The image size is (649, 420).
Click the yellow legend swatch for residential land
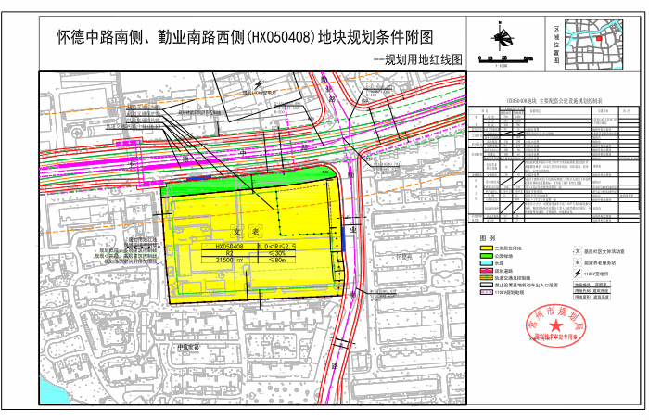coord(486,248)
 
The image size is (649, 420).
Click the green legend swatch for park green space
coord(486,256)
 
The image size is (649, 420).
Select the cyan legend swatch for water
coord(486,263)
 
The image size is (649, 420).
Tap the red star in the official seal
coord(556,325)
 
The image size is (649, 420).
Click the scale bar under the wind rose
coord(503,58)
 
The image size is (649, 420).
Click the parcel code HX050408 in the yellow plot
coord(229,248)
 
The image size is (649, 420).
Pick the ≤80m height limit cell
coord(275,261)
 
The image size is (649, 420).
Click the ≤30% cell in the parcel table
coord(275,254)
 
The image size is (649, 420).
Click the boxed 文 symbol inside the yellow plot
coord(236,233)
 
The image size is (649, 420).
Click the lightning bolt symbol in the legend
coord(577,273)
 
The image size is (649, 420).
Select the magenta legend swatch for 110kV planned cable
coord(486,292)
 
